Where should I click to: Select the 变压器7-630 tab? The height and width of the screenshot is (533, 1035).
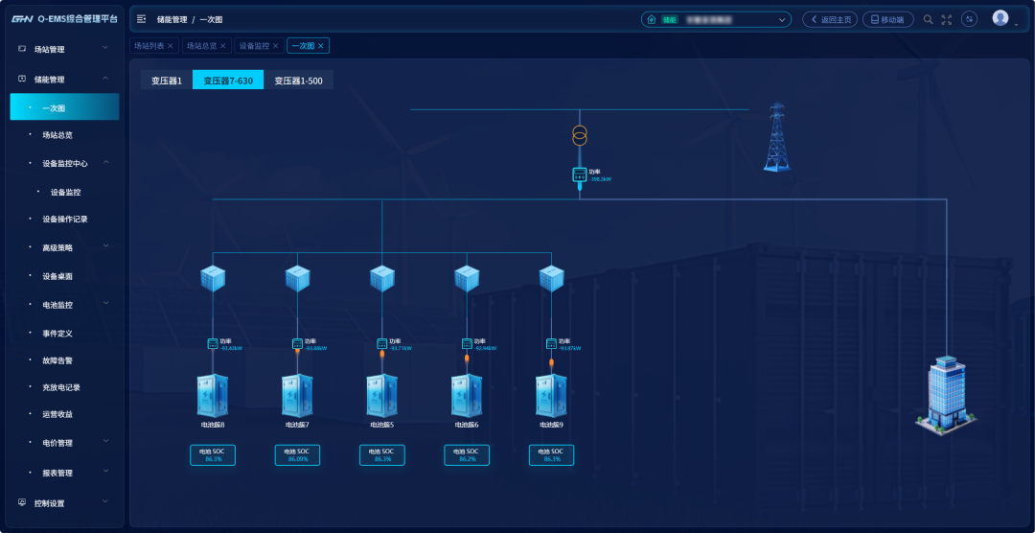228,81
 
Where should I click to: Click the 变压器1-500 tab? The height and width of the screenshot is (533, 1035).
298,81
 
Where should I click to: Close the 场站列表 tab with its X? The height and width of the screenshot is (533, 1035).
171,45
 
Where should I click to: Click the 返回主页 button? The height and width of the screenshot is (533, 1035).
830,19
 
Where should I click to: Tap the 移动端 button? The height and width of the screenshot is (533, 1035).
887,19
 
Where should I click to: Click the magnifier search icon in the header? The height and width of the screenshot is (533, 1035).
928,19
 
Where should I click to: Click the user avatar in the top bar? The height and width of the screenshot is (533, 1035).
1000,18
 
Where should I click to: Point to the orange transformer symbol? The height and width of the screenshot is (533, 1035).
579,135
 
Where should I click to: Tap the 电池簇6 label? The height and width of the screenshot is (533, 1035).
466,425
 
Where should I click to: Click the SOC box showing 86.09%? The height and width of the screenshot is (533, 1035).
297,455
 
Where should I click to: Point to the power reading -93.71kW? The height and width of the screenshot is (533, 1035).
399,348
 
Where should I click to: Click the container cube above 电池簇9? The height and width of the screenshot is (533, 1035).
551,279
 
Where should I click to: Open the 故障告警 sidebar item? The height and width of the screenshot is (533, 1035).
57,361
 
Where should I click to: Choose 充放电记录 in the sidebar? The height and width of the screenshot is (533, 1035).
60,387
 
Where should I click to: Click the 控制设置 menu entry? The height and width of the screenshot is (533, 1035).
49,503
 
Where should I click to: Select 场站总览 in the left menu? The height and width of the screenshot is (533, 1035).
57,135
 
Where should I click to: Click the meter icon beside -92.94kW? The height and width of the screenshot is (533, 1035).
467,343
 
